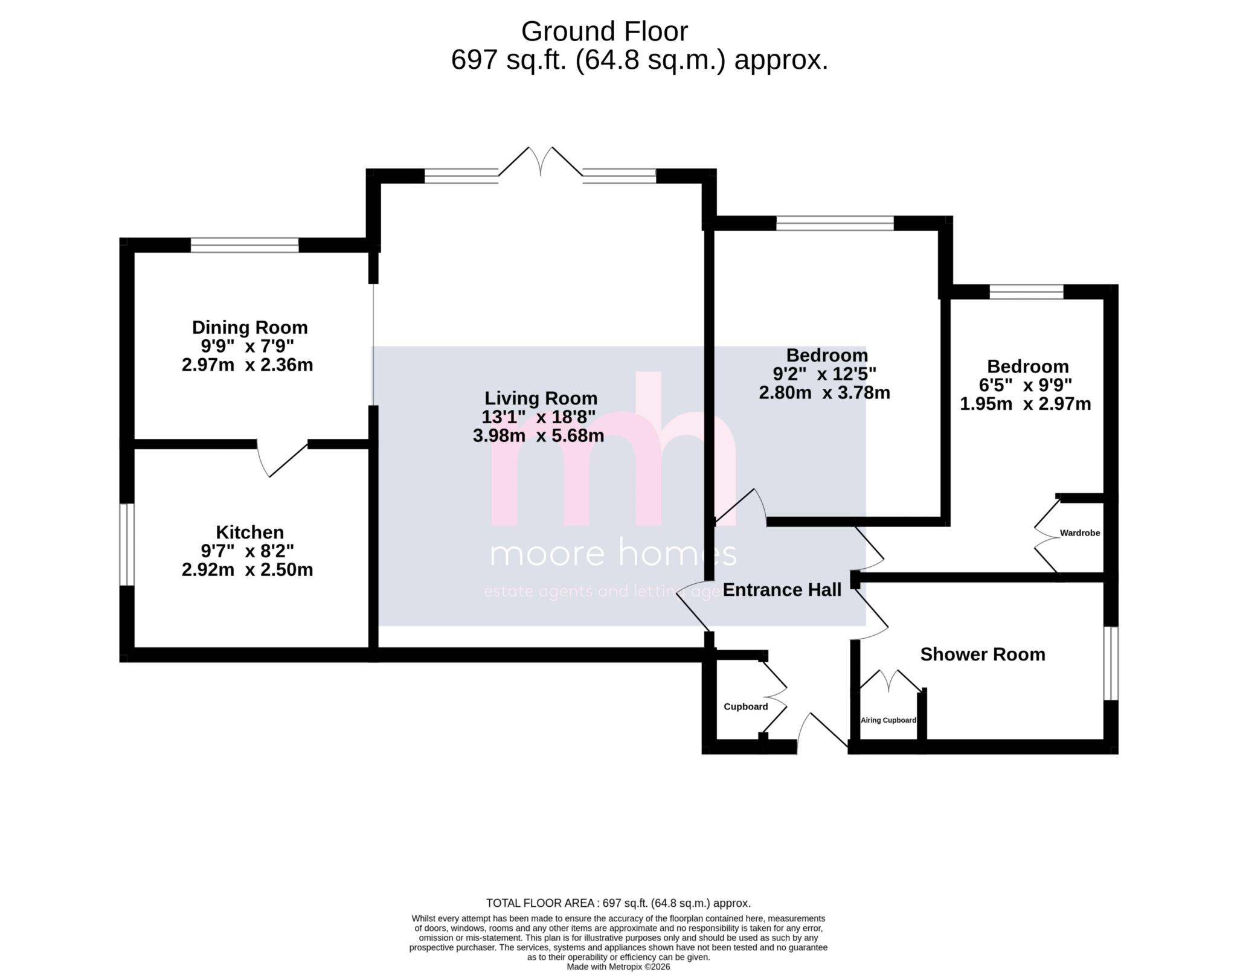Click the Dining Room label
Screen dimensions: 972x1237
click(x=249, y=327)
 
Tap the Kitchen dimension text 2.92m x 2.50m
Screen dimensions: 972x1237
click(x=247, y=569)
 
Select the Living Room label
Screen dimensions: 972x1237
click(x=541, y=398)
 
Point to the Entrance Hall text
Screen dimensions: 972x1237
click(x=782, y=590)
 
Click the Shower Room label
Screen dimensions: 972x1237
click(x=982, y=654)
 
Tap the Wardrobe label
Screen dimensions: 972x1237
click(x=1079, y=533)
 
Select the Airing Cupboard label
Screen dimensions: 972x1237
click(x=888, y=720)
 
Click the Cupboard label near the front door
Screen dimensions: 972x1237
click(x=745, y=706)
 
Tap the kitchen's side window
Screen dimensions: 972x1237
click(x=126, y=545)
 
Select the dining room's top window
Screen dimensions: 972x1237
click(x=245, y=245)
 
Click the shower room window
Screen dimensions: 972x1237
click(x=1111, y=663)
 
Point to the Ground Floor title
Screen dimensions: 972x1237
click(x=604, y=31)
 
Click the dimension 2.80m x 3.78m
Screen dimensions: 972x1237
click(x=824, y=392)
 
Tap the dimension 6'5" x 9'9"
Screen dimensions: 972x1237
click(x=1025, y=385)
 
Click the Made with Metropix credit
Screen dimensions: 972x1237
click(x=618, y=967)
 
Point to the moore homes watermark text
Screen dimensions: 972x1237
click(x=612, y=554)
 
